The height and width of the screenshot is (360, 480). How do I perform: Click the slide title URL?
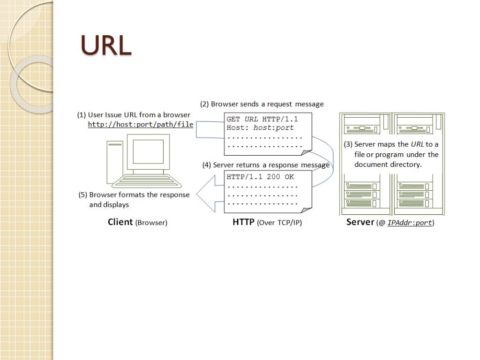coord(106,45)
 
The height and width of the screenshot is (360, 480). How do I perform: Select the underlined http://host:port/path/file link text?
coord(141,125)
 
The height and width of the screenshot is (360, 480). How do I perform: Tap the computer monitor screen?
coord(148,151)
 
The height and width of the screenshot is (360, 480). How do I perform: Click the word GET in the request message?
coord(233,119)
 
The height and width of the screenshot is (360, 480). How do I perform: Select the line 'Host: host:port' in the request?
coord(260,127)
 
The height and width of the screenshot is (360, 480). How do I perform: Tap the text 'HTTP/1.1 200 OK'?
coord(260,177)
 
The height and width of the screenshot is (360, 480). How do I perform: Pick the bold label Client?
coord(120,222)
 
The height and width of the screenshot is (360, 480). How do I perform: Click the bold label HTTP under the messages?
coord(243,222)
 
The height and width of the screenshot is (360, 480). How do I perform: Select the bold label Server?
coord(360,222)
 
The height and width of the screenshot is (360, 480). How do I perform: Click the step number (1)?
coord(82,115)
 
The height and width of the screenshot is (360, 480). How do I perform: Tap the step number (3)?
coord(348,144)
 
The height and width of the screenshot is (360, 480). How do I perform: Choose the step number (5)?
coord(83,195)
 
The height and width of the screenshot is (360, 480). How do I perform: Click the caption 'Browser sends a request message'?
coord(267,104)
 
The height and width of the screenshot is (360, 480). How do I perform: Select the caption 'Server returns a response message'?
coord(271,165)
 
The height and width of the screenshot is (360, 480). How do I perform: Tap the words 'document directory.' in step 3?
coord(388,165)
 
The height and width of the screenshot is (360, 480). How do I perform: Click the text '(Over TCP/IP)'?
coord(280,223)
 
